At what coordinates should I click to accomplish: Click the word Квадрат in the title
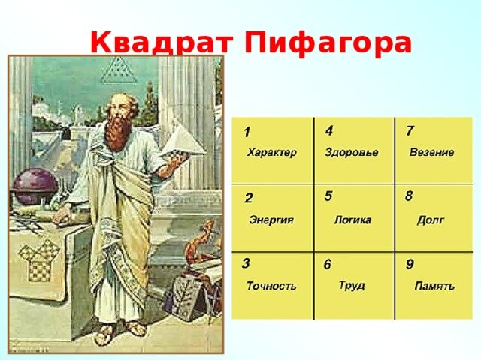162,43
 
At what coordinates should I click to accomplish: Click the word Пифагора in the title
328,43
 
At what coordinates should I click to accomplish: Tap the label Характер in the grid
272,152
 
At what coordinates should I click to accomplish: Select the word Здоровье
352,152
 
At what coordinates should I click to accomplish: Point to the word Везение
431,152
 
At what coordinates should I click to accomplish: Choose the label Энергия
271,220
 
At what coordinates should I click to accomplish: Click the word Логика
352,220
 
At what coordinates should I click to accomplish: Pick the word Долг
431,220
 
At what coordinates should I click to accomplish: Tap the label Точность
271,286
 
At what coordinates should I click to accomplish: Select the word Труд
352,285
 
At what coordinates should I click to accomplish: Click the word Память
434,286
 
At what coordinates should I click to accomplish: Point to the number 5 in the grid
328,196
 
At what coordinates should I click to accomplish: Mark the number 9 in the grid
410,264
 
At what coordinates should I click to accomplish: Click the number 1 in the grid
247,133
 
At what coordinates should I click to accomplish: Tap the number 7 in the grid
410,130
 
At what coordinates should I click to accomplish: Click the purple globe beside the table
35,186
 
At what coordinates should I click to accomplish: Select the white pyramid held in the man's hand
183,142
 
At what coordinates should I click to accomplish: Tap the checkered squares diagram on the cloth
39,261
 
